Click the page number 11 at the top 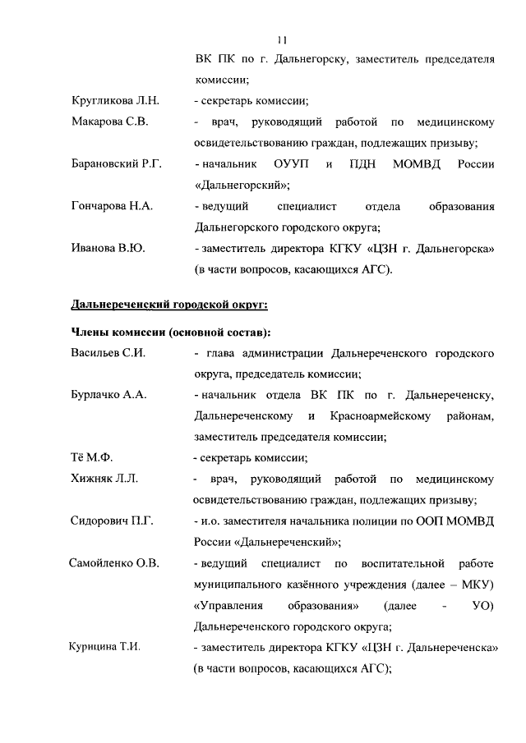282,39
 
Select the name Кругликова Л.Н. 114,102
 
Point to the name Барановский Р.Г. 116,165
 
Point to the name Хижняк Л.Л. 104,479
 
